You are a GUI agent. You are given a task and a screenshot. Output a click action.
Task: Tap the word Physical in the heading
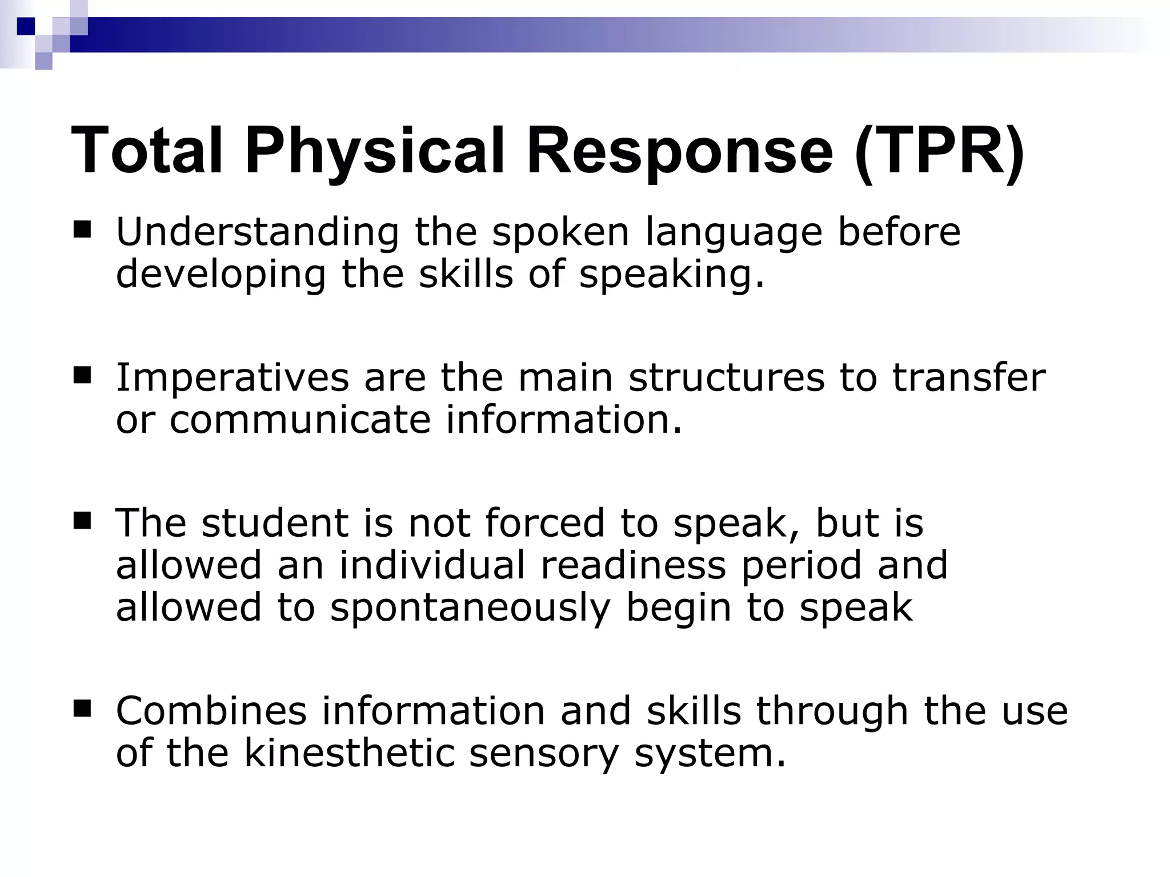[375, 151]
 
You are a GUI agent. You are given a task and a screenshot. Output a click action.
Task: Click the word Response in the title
[679, 151]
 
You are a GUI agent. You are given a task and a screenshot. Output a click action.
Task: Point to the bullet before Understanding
[82, 230]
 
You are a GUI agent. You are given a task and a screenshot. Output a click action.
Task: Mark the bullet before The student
[82, 521]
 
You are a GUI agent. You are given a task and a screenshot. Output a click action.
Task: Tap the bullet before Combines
[82, 709]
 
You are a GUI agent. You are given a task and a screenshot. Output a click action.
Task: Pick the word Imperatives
[233, 378]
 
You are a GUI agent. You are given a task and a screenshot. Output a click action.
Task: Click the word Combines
[211, 711]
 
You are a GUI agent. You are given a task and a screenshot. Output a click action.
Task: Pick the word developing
[221, 275]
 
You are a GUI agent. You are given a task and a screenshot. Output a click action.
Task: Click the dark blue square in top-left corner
[26, 26]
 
